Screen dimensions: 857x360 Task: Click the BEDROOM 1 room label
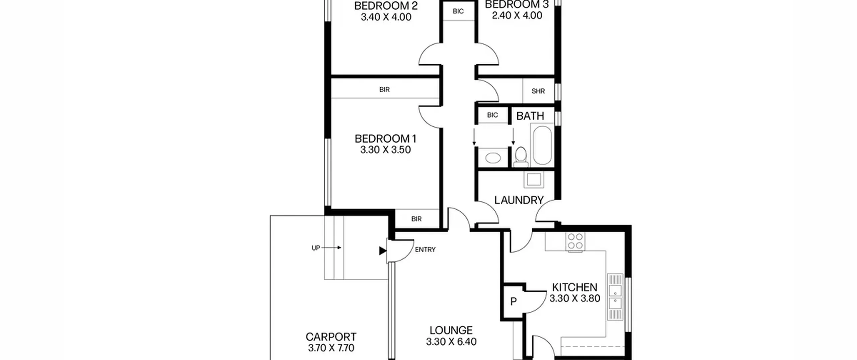point(385,138)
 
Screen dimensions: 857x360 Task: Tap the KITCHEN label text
point(574,287)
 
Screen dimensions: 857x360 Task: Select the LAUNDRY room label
point(519,200)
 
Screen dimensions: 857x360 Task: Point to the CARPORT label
point(331,337)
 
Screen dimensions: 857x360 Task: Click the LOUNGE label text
point(451,330)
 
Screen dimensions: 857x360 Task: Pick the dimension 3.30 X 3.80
point(575,298)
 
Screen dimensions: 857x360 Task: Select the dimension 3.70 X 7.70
point(331,348)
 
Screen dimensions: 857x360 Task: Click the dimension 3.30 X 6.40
point(451,342)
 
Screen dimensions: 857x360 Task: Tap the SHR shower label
point(538,91)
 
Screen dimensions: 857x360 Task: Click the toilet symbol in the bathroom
point(521,157)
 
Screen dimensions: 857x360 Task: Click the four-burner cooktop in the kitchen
point(575,241)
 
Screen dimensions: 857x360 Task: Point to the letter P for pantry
point(514,302)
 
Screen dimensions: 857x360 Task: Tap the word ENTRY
point(425,249)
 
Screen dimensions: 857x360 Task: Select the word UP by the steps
point(316,248)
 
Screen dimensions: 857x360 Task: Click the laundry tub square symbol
point(534,179)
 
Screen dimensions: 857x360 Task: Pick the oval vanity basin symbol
point(493,158)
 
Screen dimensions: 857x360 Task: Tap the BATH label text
point(530,116)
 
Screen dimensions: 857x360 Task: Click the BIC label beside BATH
point(492,115)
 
